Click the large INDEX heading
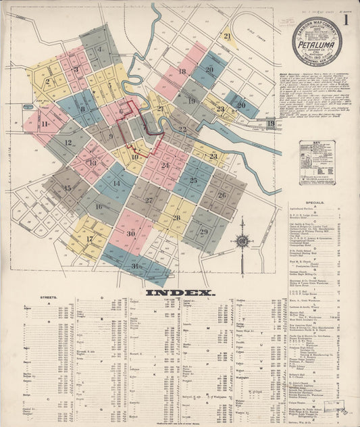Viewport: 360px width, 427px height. (180, 293)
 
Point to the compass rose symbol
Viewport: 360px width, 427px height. (242, 241)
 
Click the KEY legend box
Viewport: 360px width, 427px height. (317, 162)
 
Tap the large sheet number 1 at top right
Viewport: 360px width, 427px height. (346, 20)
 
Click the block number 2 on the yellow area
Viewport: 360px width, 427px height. (47, 82)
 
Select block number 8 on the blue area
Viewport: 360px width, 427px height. (83, 109)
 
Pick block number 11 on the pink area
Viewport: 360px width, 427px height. (45, 124)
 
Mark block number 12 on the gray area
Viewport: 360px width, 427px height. (68, 143)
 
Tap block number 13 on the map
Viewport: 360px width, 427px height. (92, 163)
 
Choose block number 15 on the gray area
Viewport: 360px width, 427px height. (66, 188)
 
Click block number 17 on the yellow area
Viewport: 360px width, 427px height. (89, 239)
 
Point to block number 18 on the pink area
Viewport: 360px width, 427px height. (182, 71)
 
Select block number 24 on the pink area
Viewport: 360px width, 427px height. (165, 166)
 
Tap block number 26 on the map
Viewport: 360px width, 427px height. (222, 195)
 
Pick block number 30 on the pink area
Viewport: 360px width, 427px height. (130, 233)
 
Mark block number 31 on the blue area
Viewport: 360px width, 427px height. (135, 266)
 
